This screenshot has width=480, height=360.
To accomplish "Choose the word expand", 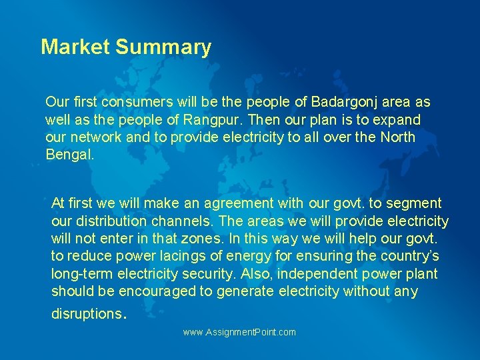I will pos(399,120).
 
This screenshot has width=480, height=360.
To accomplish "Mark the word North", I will pos(397,137).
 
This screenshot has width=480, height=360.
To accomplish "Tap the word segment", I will pos(415,203).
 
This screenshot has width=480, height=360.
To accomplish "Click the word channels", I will pos(211,221).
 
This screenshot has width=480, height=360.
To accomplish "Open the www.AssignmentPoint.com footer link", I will pos(239,332).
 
